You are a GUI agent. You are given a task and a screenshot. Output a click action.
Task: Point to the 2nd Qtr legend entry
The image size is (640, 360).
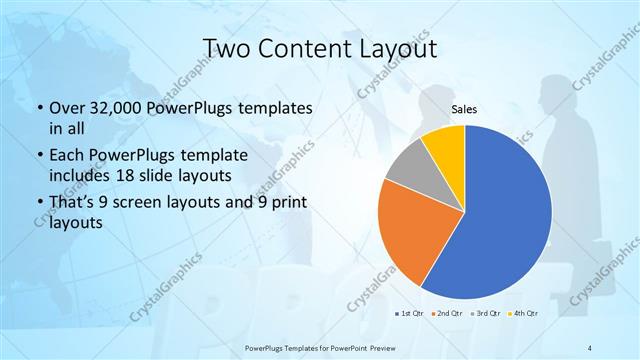click(x=446, y=313)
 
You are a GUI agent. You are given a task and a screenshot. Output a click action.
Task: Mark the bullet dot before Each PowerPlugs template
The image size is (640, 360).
click(x=39, y=157)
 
